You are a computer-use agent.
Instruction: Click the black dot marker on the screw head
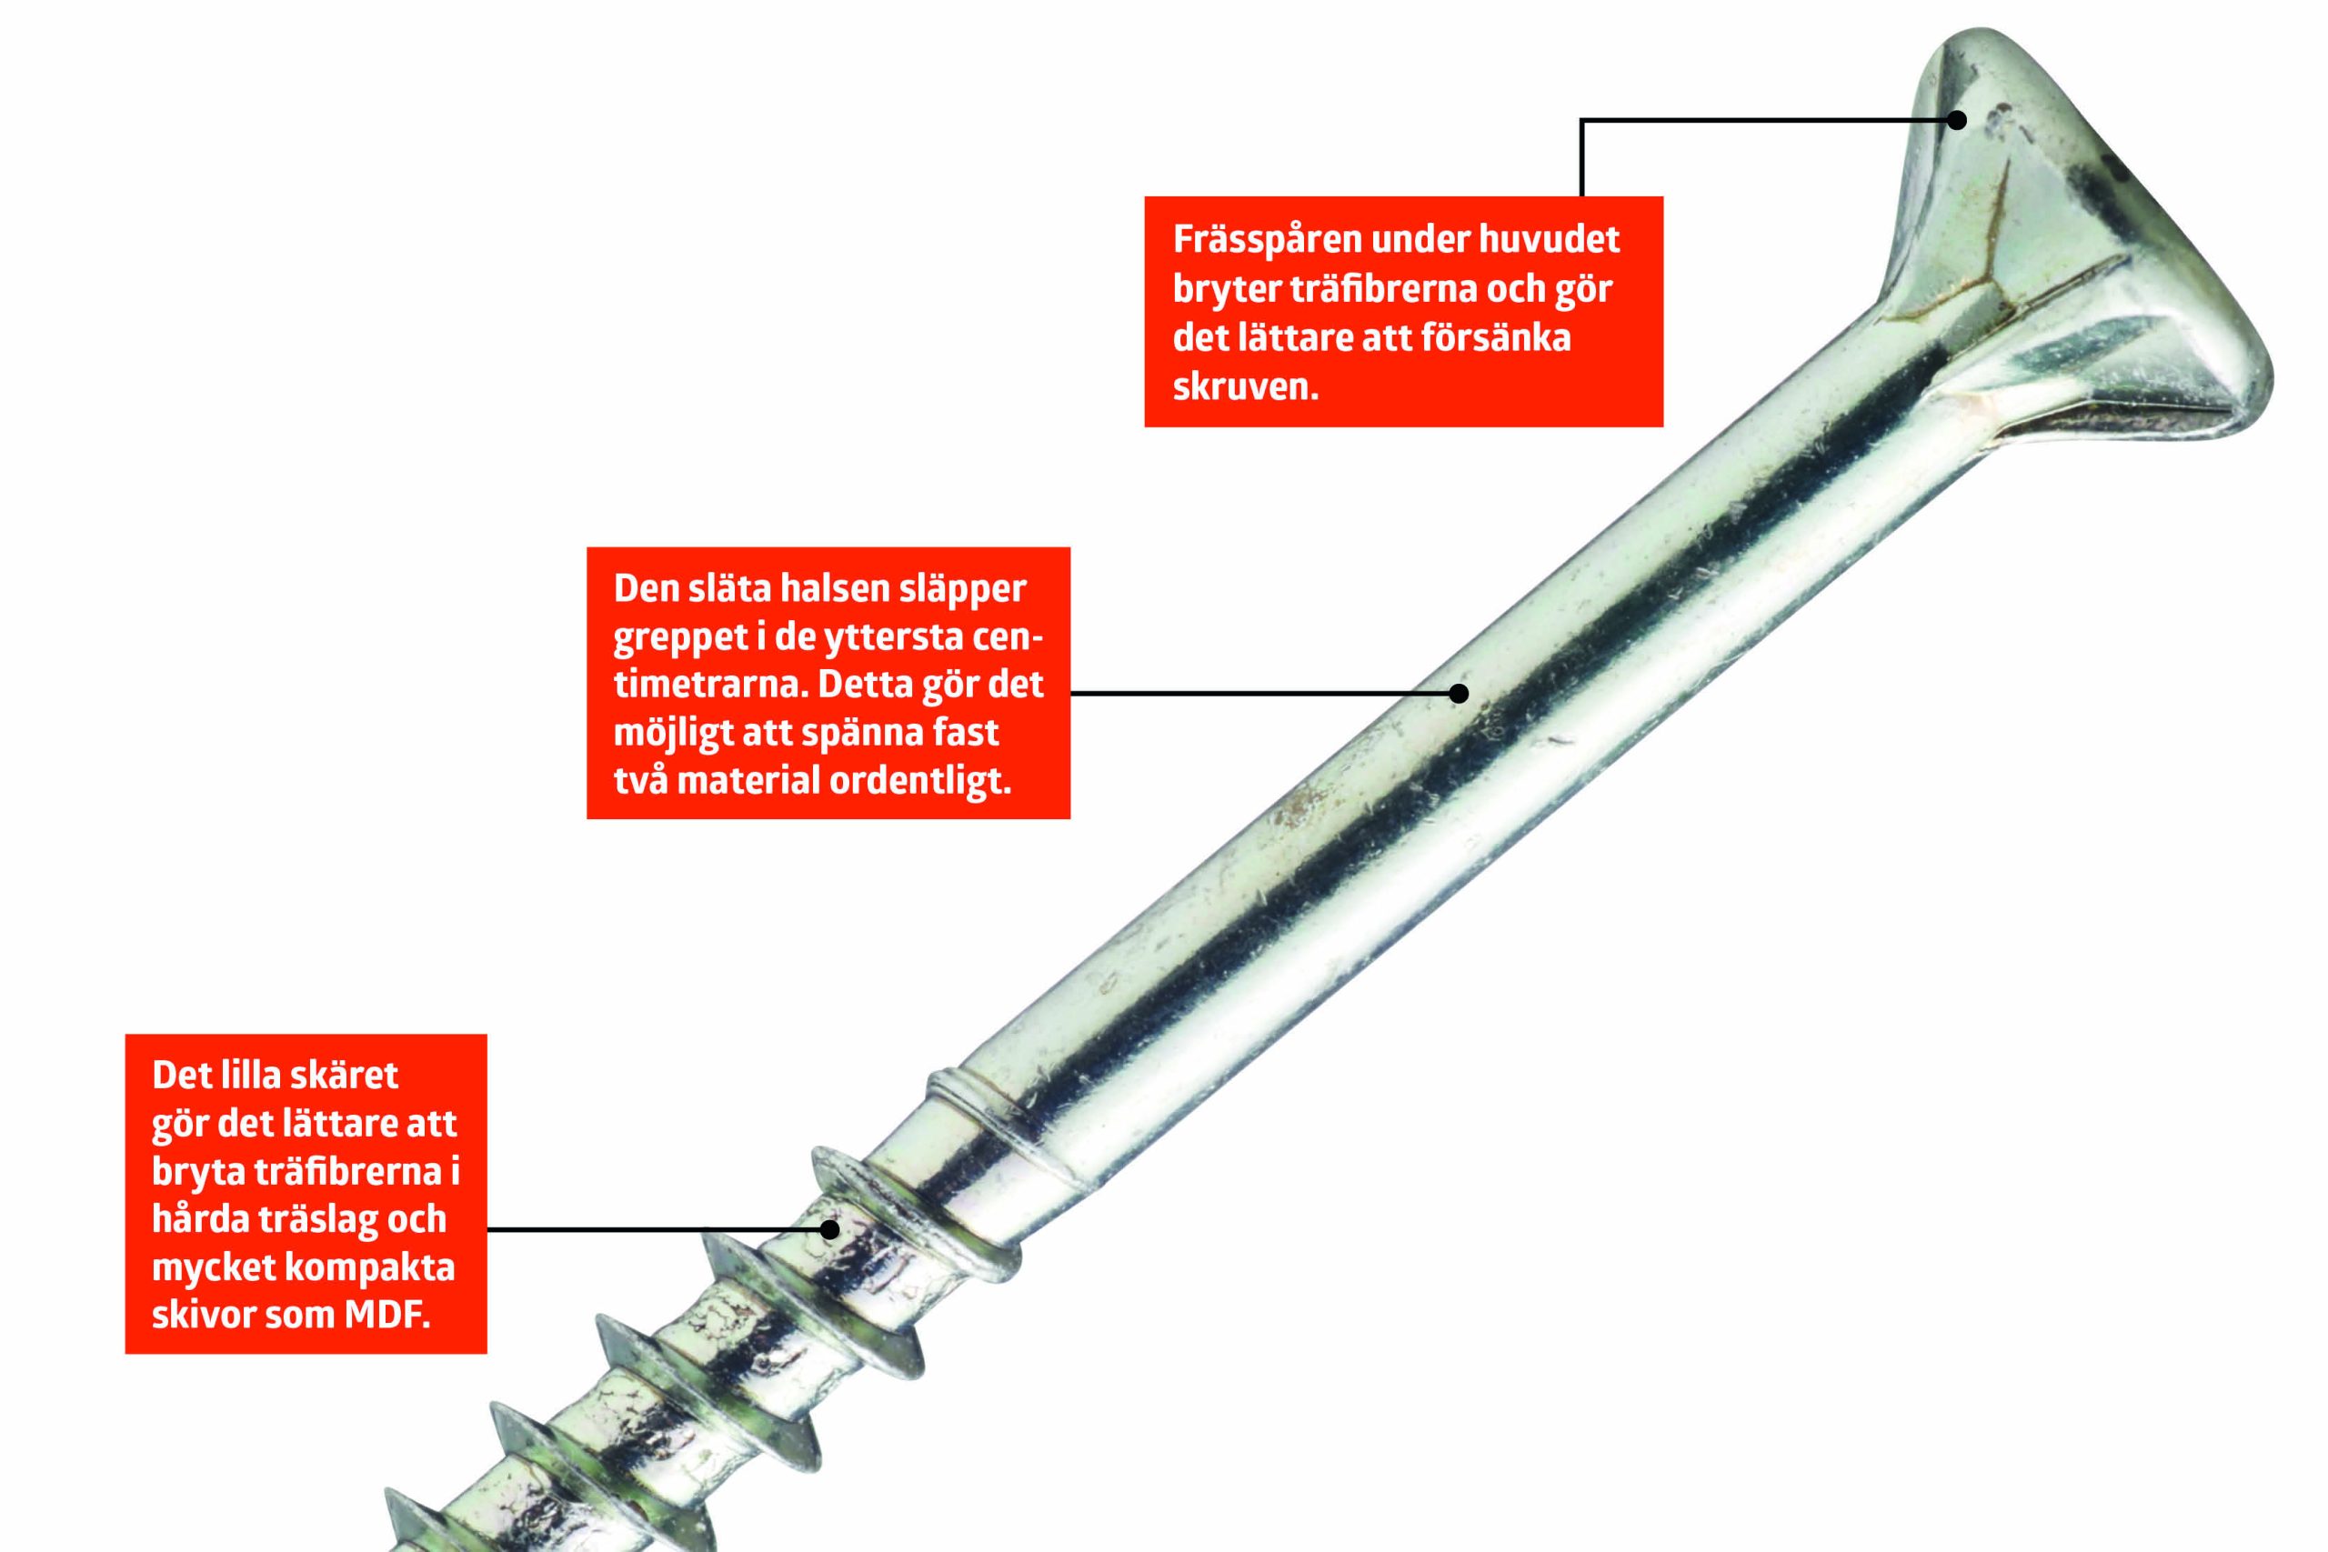coord(1957,120)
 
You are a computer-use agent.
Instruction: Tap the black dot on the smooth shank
coord(1458,694)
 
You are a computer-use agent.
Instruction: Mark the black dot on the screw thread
coord(829,1229)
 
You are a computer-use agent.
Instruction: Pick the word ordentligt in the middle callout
coord(920,782)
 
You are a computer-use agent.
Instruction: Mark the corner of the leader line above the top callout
coord(1581,120)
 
